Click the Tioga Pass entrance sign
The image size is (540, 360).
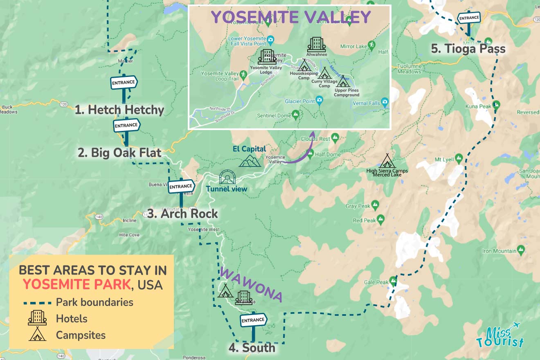click(469, 18)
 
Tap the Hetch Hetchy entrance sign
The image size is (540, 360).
click(124, 83)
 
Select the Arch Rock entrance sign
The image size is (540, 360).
click(181, 187)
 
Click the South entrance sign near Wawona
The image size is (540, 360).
click(253, 320)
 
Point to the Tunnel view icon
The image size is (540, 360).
click(227, 177)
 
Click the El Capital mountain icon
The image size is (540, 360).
click(250, 160)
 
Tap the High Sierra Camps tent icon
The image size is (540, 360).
click(387, 161)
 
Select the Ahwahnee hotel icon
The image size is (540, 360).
click(316, 45)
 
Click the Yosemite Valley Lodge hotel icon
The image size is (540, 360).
click(266, 56)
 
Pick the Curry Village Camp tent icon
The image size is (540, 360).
click(325, 73)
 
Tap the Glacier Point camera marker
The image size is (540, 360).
click(319, 101)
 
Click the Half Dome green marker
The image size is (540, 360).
click(310, 154)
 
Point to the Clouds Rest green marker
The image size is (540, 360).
click(335, 138)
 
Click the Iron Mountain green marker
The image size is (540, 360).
click(521, 249)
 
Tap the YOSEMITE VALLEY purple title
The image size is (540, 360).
click(291, 17)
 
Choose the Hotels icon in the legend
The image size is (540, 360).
click(37, 318)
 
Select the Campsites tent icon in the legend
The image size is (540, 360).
click(37, 334)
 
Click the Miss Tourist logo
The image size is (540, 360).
click(500, 335)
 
